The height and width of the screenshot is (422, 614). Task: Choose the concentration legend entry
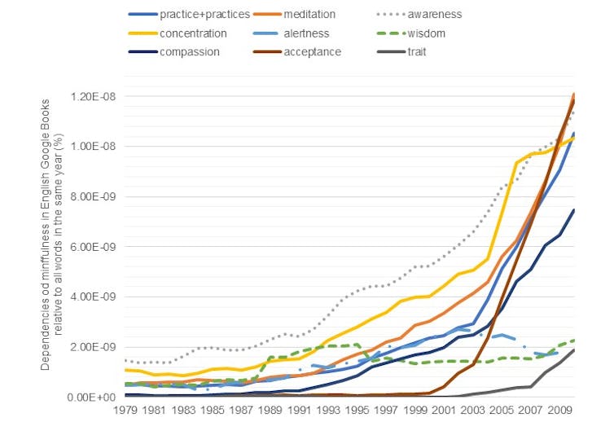tap(193, 33)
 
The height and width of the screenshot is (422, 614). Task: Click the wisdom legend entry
tap(427, 33)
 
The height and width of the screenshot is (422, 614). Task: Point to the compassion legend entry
tap(190, 52)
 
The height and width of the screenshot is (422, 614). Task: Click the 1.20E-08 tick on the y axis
tap(90, 97)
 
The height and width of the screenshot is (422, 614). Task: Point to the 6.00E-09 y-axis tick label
tap(90, 247)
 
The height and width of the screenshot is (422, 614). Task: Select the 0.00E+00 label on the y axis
tap(90, 397)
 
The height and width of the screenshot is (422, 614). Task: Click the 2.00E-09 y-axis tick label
tap(90, 347)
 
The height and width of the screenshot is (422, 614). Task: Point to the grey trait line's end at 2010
tap(573, 349)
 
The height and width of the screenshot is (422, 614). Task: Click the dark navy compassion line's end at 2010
tap(573, 209)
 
